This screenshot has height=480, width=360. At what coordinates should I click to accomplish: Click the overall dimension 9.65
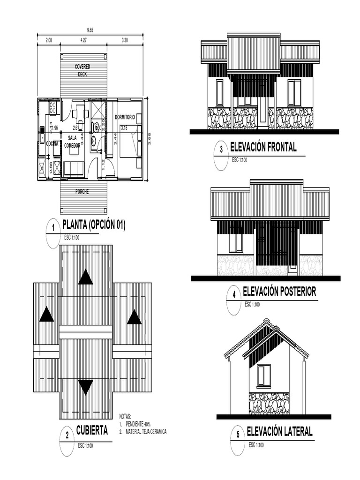tap(90, 30)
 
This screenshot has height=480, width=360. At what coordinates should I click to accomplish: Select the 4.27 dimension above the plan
tap(83, 41)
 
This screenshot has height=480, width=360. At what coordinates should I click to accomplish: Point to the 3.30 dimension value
tap(125, 41)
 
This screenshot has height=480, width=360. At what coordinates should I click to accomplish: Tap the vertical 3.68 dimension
tap(150, 139)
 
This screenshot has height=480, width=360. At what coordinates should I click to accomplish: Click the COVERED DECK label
tap(82, 70)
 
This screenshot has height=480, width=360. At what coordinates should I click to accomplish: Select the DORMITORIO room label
tap(125, 117)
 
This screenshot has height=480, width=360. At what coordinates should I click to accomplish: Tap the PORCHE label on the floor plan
tap(82, 192)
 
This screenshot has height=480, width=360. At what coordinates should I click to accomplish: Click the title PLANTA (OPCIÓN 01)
tap(94, 225)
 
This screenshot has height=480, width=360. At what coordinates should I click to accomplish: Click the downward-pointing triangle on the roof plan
tap(85, 387)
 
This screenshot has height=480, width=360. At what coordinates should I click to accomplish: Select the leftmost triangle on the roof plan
tap(46, 314)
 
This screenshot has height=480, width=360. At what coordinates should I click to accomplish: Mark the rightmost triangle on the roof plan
tap(134, 317)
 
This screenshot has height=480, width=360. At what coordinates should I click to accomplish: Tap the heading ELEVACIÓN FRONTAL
tap(262, 147)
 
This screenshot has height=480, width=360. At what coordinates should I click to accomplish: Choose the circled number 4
tap(233, 295)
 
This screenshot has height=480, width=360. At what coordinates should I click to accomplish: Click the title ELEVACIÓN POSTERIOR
tap(279, 292)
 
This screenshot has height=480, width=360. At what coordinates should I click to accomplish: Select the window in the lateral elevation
tap(263, 375)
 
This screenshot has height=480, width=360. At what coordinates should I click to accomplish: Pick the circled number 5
tap(238, 435)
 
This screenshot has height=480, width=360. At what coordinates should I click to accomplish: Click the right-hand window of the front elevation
tap(294, 93)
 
